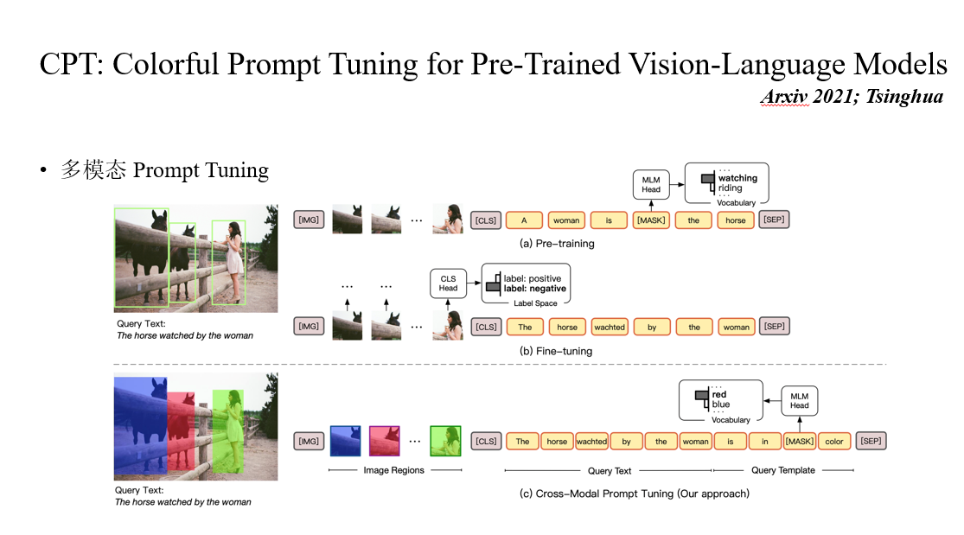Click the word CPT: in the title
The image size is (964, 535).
pos(71,64)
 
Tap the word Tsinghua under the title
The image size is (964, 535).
pos(904,97)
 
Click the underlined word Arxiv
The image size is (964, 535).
pos(784,97)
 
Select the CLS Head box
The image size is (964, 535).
pos(448,283)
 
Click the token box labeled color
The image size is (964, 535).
pos(833,442)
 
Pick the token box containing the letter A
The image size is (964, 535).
pos(524,220)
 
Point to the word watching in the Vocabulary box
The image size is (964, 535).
pos(737,178)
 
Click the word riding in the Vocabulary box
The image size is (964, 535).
pos(731,188)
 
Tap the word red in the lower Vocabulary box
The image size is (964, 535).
pos(719,394)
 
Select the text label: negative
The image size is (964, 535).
pos(535,289)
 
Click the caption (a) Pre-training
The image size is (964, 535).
pos(557,244)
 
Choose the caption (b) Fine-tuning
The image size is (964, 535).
pos(556,351)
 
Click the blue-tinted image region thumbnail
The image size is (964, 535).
pos(346,441)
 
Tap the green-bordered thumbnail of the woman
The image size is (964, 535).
pos(446,441)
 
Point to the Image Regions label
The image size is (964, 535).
pos(393,470)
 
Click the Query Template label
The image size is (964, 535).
pos(783,470)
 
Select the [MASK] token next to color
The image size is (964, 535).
pos(799,442)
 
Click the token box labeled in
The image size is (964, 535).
pos(765,442)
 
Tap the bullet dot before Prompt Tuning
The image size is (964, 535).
pos(43,170)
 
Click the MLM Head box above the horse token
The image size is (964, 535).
pos(651,184)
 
